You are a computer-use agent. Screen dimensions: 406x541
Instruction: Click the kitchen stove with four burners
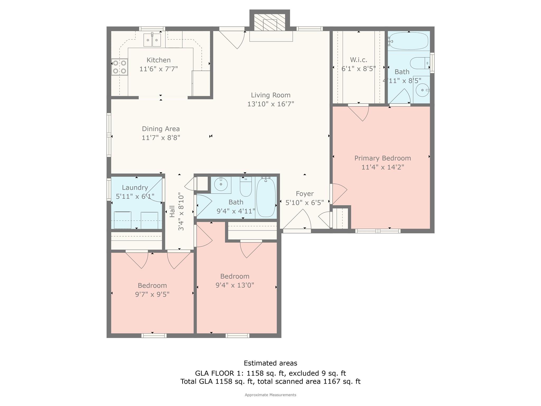point(119,67)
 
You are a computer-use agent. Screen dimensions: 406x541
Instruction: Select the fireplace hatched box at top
point(270,22)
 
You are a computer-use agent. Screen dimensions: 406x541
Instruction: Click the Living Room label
point(270,95)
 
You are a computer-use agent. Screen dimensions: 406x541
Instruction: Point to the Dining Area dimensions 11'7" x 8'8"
point(161,138)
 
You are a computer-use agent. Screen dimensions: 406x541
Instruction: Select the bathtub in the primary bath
point(409,41)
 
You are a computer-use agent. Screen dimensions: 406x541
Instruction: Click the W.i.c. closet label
point(358,60)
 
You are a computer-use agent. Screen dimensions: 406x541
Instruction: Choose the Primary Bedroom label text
point(383,158)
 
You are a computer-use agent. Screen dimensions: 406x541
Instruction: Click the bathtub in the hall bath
point(266,198)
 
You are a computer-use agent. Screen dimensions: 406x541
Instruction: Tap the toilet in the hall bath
point(246,187)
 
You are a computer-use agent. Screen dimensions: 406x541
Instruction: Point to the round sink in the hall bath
point(221,184)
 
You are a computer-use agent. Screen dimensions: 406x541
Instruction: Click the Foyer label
point(305,194)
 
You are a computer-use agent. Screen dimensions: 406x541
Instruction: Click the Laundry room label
point(135,188)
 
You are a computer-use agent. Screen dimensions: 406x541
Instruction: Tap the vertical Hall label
point(172,211)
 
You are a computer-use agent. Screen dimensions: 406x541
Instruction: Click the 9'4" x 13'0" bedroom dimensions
point(235,285)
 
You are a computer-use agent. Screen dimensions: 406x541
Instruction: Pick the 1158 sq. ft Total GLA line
point(270,381)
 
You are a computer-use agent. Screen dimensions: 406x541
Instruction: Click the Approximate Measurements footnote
point(270,395)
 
